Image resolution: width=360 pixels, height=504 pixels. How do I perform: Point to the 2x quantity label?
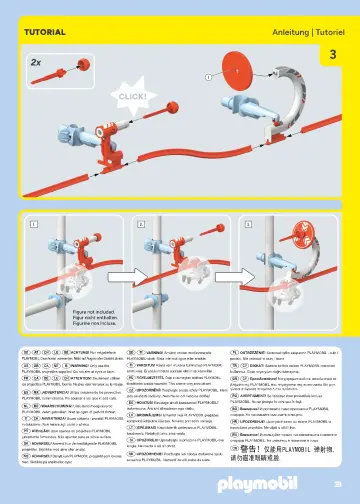pos(36,61)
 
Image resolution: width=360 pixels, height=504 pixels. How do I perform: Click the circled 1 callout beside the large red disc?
pos(208,75)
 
